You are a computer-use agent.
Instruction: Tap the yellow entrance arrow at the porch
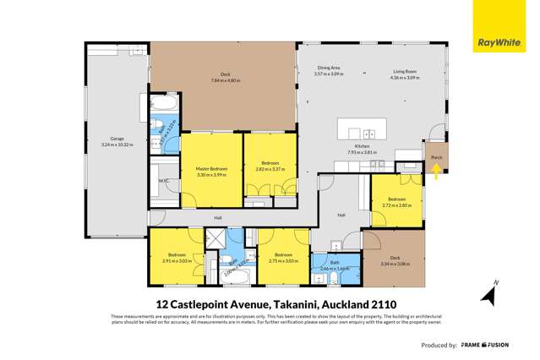436,172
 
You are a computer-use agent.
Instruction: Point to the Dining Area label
327,71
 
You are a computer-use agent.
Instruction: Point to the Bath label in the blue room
335,263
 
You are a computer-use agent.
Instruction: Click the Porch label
437,157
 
